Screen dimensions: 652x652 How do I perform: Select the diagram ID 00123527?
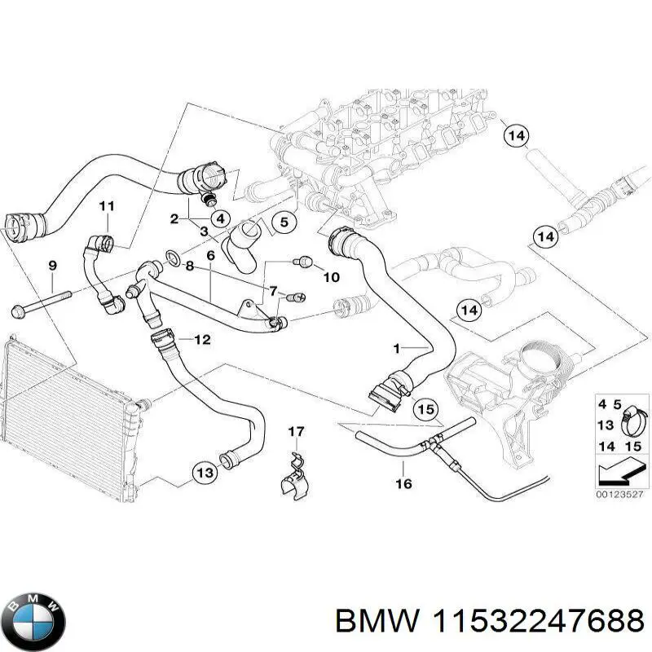pyautogui.click(x=619, y=493)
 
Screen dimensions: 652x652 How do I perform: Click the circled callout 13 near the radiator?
pyautogui.click(x=205, y=472)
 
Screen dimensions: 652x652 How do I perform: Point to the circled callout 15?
pyautogui.click(x=425, y=410)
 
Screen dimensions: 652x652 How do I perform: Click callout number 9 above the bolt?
pyautogui.click(x=53, y=266)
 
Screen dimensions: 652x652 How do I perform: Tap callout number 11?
pyautogui.click(x=107, y=206)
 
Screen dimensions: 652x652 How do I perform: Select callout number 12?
pyautogui.click(x=202, y=339)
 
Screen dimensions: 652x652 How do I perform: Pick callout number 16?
pyautogui.click(x=403, y=484)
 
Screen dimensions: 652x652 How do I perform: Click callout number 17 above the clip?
pyautogui.click(x=296, y=431)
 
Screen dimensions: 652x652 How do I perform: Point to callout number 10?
pyautogui.click(x=331, y=278)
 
